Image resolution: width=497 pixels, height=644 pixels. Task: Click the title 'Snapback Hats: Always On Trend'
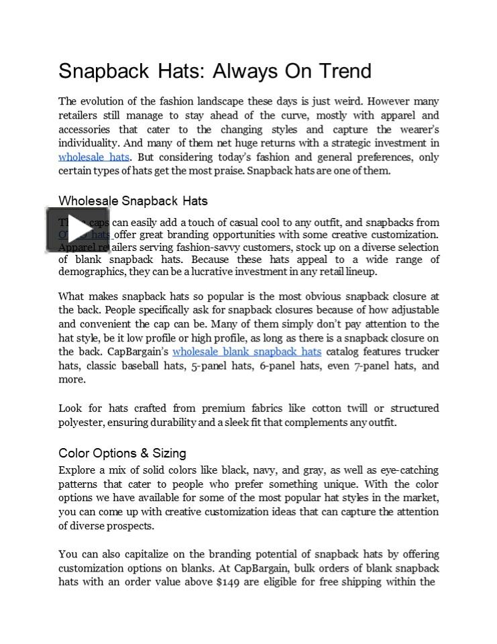[215, 71]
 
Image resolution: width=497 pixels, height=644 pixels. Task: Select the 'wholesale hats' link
[93, 157]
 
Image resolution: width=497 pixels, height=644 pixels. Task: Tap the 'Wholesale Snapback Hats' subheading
[133, 201]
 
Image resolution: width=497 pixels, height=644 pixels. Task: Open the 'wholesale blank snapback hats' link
[246, 352]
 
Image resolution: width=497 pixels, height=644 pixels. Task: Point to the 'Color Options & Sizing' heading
[122, 453]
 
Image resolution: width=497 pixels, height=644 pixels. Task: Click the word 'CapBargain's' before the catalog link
[137, 352]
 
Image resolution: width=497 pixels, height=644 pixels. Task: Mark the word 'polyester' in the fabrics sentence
[80, 422]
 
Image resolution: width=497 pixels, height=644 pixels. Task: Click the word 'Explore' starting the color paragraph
[76, 470]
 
